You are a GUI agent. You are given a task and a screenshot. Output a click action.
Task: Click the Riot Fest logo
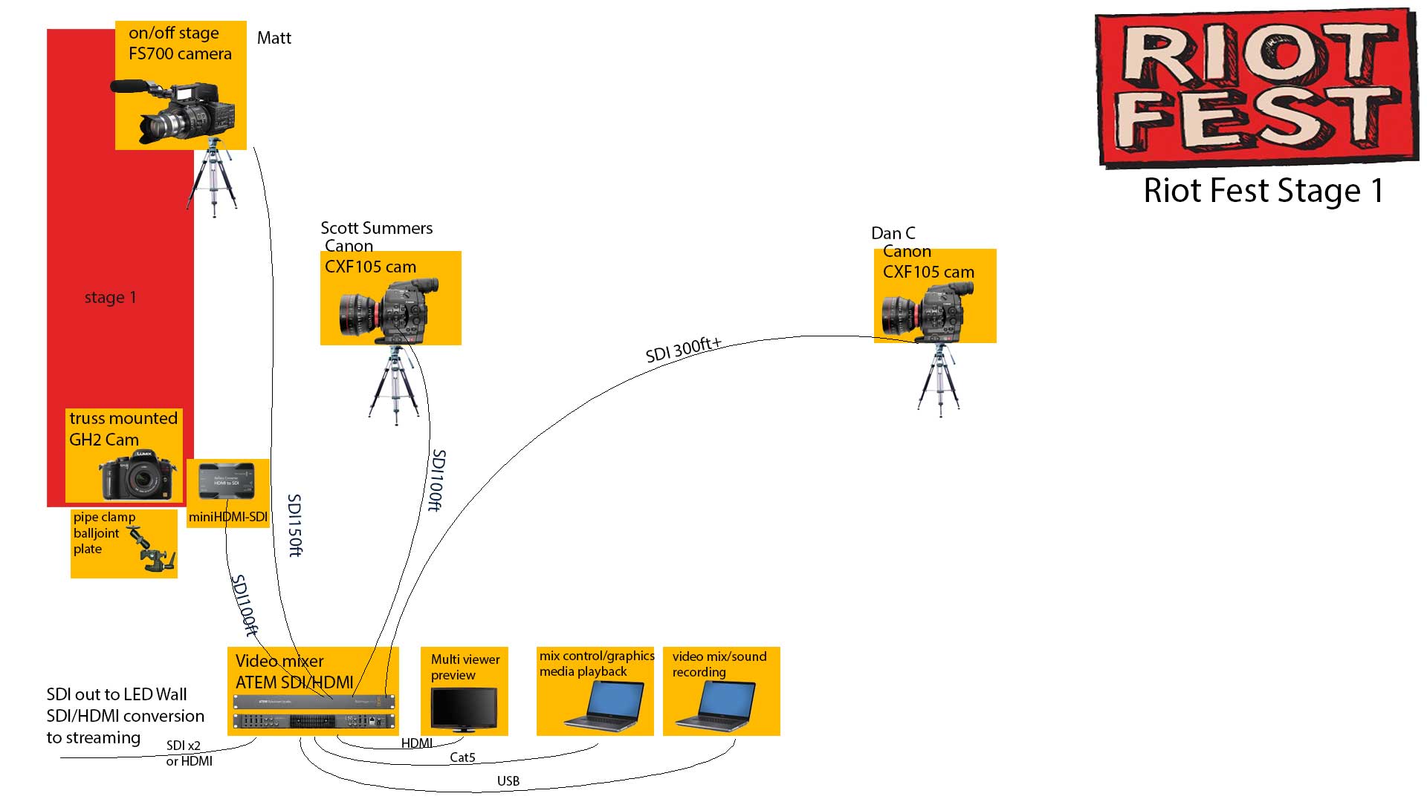click(1256, 88)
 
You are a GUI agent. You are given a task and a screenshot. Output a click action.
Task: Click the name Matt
click(274, 38)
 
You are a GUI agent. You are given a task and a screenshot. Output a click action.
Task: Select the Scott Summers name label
click(376, 228)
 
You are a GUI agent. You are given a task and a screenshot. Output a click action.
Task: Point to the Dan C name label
click(893, 233)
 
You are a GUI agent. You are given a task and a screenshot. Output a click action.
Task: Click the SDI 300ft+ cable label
click(683, 349)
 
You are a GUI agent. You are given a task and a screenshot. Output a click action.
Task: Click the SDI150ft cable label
click(295, 525)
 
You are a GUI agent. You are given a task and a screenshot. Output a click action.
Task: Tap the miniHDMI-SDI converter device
click(227, 482)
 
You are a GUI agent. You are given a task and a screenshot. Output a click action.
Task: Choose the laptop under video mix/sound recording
click(716, 705)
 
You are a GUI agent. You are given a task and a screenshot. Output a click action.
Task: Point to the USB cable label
click(508, 781)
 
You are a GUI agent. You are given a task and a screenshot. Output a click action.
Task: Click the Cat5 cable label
click(462, 757)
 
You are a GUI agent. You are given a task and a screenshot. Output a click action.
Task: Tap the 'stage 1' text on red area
click(110, 298)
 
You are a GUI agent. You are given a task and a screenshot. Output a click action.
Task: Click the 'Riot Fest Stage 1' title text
click(1263, 191)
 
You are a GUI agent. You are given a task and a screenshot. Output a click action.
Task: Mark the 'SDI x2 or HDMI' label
click(189, 753)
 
